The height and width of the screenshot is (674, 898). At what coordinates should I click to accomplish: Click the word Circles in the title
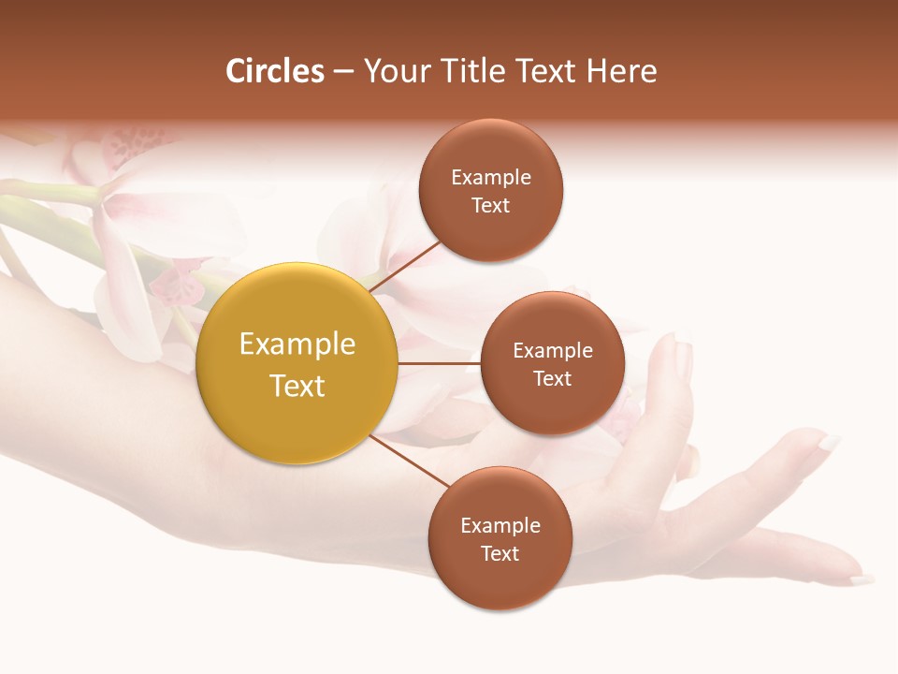coord(274,71)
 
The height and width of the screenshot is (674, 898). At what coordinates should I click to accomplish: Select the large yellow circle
coord(297,363)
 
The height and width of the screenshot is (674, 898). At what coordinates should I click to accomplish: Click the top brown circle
coord(491,190)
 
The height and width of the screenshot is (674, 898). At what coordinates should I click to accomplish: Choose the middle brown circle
coord(552,363)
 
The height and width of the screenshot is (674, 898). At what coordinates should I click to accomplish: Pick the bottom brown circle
coord(500,538)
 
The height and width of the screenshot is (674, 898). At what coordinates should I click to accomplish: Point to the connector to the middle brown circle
coord(439,363)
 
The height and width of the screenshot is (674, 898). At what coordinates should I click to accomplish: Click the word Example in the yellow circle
coord(297,344)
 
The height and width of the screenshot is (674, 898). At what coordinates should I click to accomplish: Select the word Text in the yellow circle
coord(297,386)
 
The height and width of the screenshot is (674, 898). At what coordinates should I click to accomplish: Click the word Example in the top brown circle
coord(491,177)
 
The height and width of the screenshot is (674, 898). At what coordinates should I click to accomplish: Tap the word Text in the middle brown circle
coord(552,378)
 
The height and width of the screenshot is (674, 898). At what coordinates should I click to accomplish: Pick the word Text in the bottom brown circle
coord(500,553)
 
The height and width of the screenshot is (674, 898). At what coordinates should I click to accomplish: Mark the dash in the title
coord(342,71)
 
